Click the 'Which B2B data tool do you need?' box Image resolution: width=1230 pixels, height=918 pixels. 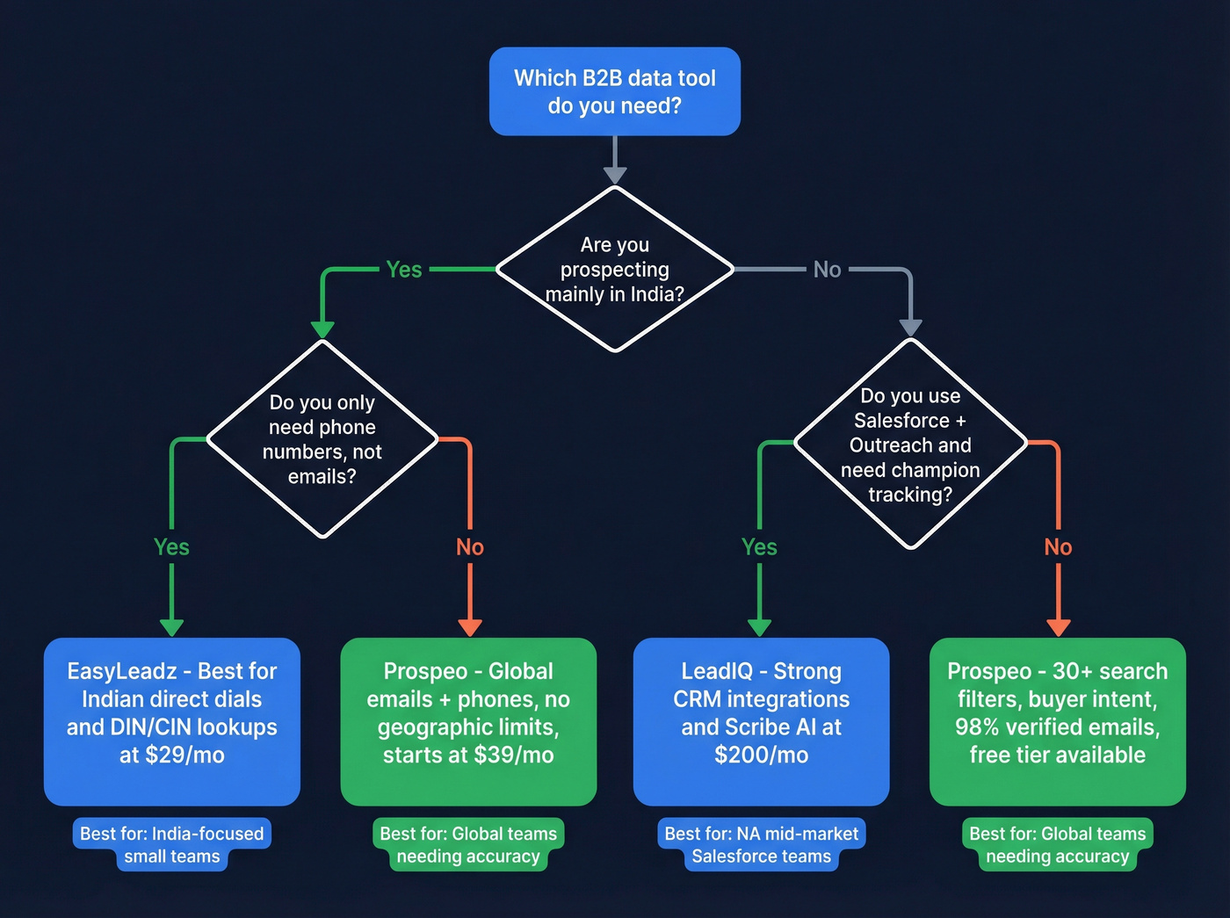[614, 91]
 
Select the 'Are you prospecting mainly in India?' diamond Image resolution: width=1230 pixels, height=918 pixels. [614, 269]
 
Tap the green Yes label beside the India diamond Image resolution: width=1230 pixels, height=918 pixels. [404, 270]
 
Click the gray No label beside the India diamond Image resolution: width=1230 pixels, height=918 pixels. [827, 270]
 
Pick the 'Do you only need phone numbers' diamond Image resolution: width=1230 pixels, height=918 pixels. [322, 439]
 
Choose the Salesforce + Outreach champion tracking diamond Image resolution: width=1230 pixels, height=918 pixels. [910, 445]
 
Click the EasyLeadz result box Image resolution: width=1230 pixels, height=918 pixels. [172, 720]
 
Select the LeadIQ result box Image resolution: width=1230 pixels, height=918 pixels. [761, 720]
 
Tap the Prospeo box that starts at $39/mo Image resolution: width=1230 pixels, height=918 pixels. [468, 720]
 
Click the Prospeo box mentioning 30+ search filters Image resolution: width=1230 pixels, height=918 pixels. [1058, 720]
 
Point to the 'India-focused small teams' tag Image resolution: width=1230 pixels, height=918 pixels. [172, 845]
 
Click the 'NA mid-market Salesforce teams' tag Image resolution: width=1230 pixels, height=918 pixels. [761, 845]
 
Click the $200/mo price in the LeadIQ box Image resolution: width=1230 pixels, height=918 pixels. [761, 755]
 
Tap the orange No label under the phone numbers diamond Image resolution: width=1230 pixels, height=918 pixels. [470, 547]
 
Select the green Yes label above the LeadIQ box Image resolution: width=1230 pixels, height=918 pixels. [759, 547]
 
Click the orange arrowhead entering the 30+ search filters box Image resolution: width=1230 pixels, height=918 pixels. [1058, 627]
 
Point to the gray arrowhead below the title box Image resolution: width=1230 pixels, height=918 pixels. [615, 175]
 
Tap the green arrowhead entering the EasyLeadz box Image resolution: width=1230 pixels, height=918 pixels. [171, 627]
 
